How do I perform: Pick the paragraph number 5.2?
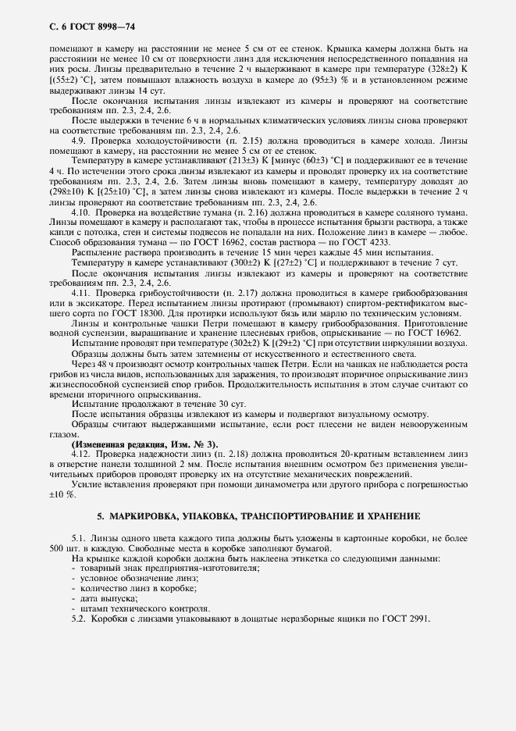pyautogui.click(x=79, y=619)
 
